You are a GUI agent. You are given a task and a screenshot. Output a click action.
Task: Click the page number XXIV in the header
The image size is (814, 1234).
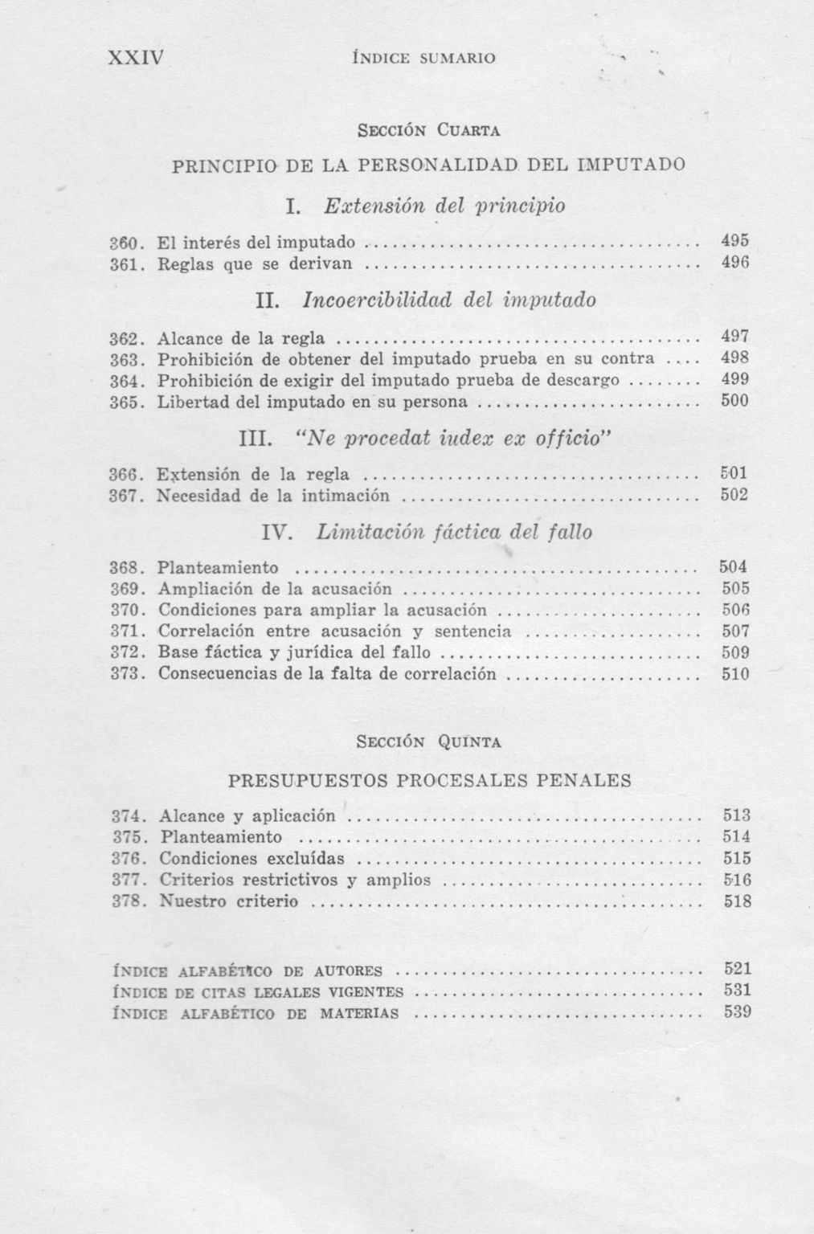pos(135,58)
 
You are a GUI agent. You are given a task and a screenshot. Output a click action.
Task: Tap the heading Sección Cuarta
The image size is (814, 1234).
pos(429,129)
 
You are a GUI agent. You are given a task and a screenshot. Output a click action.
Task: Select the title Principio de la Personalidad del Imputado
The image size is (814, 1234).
pos(429,165)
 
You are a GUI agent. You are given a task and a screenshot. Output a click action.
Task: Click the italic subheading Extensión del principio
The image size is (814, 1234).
pos(444,206)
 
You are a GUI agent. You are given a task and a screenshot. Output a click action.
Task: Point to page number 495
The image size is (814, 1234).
pos(734,241)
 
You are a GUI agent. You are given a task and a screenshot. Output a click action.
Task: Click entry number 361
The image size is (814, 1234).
pos(127,262)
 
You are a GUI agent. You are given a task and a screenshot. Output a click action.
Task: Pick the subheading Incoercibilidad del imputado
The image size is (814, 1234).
pos(449,300)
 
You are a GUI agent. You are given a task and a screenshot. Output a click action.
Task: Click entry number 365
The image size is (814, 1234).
pos(127,400)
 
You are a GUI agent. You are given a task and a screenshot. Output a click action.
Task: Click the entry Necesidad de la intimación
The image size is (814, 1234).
pos(273,496)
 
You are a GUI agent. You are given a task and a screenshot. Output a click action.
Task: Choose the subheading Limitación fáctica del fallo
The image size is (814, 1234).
pos(454,532)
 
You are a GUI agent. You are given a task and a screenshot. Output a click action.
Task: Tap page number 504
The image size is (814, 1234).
pos(734,566)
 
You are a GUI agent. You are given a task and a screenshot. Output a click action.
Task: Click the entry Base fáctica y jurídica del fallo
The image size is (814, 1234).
pos(294,652)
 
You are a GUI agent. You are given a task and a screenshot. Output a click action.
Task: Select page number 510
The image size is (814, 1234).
pos(734,674)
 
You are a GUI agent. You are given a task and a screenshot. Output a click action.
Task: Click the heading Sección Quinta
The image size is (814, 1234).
pos(429,742)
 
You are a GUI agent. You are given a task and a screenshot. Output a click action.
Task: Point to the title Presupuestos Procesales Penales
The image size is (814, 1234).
pos(429,780)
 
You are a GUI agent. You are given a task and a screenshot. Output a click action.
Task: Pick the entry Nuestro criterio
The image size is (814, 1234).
pos(229,901)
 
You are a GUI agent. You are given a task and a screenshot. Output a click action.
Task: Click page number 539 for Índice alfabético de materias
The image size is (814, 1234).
pos(738,1012)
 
